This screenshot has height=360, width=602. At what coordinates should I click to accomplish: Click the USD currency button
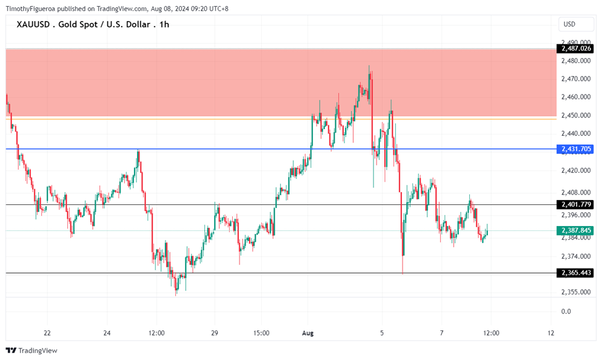[x=569, y=25]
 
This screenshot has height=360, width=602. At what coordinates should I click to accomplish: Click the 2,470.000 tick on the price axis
[x=574, y=79]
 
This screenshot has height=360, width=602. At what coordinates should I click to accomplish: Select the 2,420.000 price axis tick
[x=574, y=170]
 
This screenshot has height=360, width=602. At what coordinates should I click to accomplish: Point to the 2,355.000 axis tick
[x=574, y=292]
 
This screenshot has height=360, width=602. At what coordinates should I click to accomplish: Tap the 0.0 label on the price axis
[x=566, y=311]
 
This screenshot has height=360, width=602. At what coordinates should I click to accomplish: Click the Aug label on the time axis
[x=308, y=333]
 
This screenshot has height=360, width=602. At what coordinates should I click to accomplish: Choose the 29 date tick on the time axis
[x=214, y=333]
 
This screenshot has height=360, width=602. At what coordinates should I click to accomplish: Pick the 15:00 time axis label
[x=261, y=333]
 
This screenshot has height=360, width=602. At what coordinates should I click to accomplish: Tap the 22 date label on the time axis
[x=47, y=333]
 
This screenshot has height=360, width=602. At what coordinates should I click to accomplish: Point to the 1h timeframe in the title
[x=163, y=25]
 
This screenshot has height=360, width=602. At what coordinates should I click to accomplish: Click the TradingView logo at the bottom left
[x=31, y=351]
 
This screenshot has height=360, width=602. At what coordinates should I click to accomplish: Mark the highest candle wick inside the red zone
[x=369, y=66]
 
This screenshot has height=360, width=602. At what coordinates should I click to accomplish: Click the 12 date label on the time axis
[x=551, y=333]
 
